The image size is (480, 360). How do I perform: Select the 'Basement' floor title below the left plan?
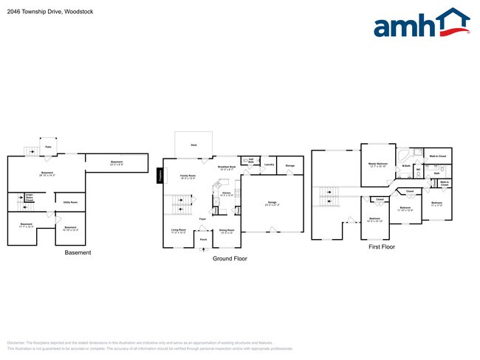(78, 253)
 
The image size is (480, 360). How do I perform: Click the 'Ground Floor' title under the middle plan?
(230, 259)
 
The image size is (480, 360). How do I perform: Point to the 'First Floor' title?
(382, 247)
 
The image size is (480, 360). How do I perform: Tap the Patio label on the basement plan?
(48, 148)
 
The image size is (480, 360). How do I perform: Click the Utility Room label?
(70, 202)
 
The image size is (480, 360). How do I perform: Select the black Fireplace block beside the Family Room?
(160, 176)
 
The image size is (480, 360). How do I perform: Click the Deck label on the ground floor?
(193, 145)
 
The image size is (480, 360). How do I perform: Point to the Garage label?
(272, 201)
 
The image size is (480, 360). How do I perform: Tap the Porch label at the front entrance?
(203, 240)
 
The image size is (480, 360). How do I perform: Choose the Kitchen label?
(226, 193)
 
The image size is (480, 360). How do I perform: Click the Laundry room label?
(269, 165)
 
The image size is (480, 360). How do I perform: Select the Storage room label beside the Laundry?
(290, 166)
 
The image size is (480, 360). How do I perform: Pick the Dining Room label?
(227, 231)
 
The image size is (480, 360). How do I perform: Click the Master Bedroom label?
(379, 164)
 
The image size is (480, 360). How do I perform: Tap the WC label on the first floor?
(418, 170)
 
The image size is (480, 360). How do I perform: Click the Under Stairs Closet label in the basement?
(30, 198)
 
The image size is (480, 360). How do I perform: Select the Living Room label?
(179, 230)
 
